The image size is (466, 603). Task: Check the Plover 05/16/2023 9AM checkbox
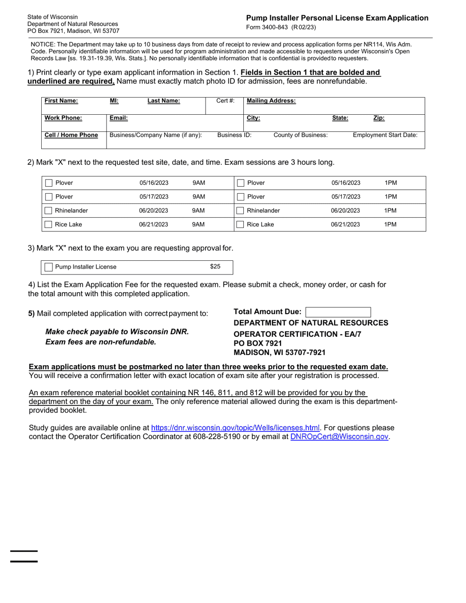(49, 183)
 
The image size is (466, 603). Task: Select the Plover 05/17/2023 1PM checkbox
(241, 197)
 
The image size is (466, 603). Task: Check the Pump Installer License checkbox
(49, 267)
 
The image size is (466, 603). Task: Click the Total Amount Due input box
(338, 312)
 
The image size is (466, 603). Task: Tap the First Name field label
(61, 101)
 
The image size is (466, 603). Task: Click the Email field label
(119, 118)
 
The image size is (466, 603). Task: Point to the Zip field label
(379, 118)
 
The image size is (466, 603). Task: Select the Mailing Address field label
(271, 101)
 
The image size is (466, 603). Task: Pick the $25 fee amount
(215, 267)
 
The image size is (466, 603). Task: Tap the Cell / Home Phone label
(71, 135)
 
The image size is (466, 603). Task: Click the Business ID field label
(234, 135)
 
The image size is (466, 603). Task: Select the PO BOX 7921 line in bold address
(258, 343)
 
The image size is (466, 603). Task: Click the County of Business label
(300, 135)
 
